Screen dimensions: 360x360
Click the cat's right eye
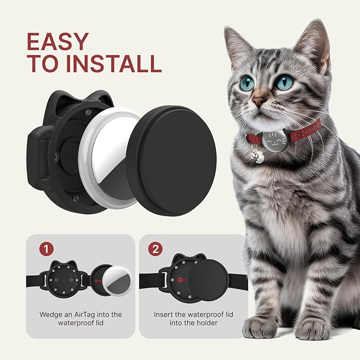click(x=284, y=82)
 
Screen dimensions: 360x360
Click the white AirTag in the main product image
click(x=111, y=159)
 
